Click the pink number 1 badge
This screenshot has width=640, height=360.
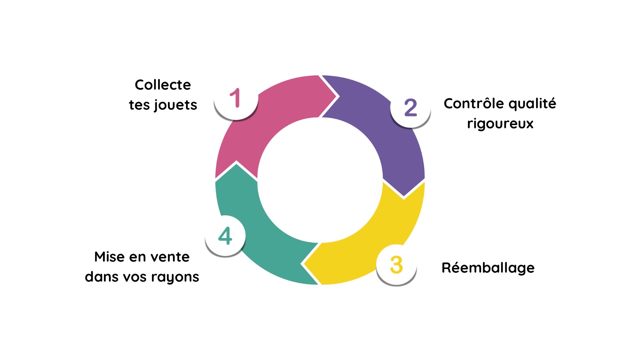236,98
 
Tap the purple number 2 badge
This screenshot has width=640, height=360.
410,107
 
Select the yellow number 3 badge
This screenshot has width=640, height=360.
396,265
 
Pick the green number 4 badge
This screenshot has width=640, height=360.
225,236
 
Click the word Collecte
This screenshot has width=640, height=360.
163,85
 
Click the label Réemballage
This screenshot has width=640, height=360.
488,268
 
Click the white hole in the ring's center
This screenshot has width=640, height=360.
320,180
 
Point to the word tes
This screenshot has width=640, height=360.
139,105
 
